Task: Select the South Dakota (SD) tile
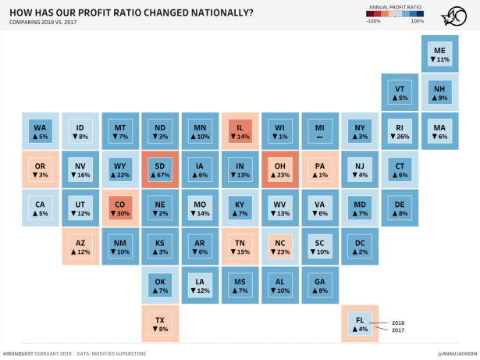tap(160, 171)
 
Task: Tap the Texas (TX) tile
tap(160, 324)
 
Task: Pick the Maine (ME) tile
tap(440, 54)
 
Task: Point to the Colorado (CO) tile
tap(120, 209)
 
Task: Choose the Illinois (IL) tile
tap(240, 132)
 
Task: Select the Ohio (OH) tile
tap(280, 171)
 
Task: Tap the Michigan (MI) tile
tap(320, 132)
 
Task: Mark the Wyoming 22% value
tap(120, 176)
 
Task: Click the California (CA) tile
tap(41, 209)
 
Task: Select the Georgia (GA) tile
tap(320, 285)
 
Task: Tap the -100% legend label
tap(373, 21)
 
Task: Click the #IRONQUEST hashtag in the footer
tap(20, 353)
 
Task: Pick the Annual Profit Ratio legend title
tap(395, 6)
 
